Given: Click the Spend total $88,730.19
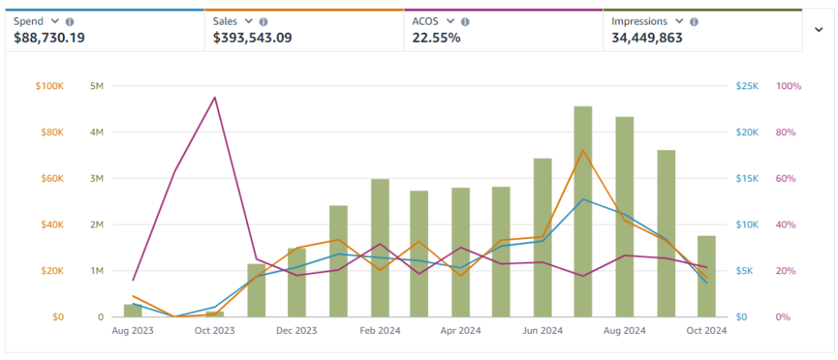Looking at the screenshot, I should pyautogui.click(x=49, y=38).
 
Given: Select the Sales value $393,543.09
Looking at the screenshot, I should pyautogui.click(x=252, y=38).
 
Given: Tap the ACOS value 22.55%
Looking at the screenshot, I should pyautogui.click(x=436, y=38).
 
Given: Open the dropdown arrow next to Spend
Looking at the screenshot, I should pyautogui.click(x=55, y=21).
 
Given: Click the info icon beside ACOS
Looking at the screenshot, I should pyautogui.click(x=466, y=21).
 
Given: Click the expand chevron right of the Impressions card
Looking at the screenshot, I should pyautogui.click(x=818, y=29).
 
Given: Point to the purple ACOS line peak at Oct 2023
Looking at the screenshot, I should pyautogui.click(x=215, y=97).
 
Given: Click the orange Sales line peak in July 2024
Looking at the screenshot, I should pyautogui.click(x=583, y=150).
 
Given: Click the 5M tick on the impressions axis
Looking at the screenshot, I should pyautogui.click(x=97, y=86).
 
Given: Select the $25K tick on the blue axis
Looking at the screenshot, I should pyautogui.click(x=748, y=86).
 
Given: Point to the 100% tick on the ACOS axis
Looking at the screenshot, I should pyautogui.click(x=788, y=86).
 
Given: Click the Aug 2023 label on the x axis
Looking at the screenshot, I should pyautogui.click(x=132, y=331).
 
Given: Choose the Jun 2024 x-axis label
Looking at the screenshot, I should pyautogui.click(x=543, y=331).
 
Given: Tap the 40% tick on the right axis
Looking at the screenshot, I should pyautogui.click(x=786, y=224).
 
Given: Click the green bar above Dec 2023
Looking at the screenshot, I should pyautogui.click(x=297, y=282).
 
